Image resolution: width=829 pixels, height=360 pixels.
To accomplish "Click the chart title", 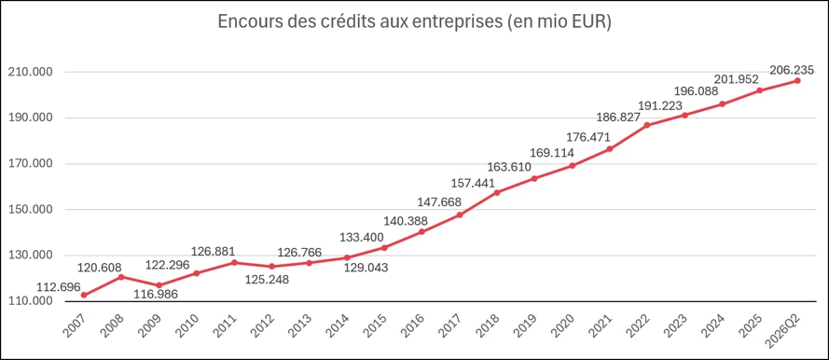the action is tap(414, 24).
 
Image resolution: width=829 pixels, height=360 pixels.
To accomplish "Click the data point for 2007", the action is tap(84, 296).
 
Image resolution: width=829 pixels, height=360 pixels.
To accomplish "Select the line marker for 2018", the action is tap(497, 192).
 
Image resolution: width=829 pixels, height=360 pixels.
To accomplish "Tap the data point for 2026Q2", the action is tap(797, 81).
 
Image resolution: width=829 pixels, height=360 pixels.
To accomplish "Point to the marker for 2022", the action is tap(647, 125).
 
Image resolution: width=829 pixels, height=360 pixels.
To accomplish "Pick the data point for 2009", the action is tap(159, 285).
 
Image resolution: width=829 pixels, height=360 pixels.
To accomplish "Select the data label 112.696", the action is tap(59, 287).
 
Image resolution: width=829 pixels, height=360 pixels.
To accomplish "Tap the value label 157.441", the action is tap(473, 184).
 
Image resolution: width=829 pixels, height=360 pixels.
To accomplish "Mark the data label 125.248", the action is tap(267, 279).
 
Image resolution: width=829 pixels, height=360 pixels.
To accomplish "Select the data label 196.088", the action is tap(696, 91).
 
